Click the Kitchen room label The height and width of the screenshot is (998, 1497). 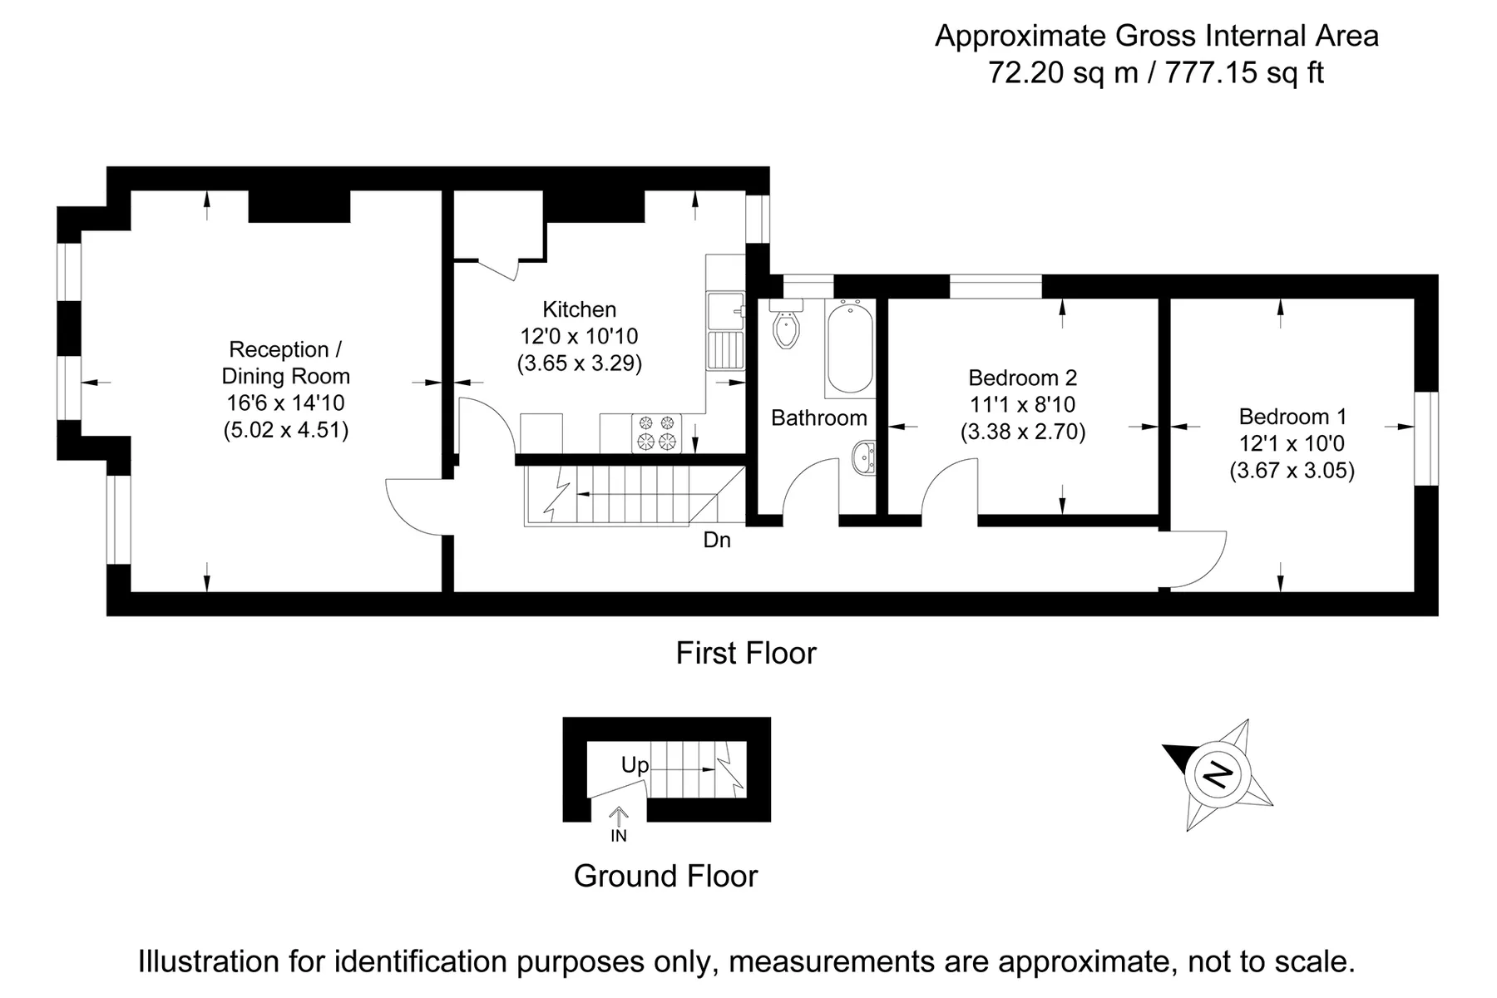[580, 309]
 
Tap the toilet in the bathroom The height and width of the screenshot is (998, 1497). [786, 324]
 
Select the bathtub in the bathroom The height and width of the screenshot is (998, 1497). [849, 348]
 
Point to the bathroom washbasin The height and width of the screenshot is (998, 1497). [863, 457]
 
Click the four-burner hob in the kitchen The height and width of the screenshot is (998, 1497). [656, 433]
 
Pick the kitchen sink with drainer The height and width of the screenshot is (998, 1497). [725, 331]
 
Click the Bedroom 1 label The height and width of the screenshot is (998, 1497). [1292, 417]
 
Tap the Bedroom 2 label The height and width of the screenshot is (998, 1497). [1023, 378]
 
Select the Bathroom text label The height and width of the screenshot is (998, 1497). [819, 417]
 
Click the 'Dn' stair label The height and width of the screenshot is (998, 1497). [717, 541]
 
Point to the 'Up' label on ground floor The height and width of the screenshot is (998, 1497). [635, 765]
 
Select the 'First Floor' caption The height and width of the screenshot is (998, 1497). [746, 653]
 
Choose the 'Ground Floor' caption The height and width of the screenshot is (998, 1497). [666, 876]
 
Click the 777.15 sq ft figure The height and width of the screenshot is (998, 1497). [1244, 73]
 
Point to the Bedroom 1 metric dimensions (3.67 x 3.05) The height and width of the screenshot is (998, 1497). [1292, 471]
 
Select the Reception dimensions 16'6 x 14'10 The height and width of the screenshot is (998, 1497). [286, 403]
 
